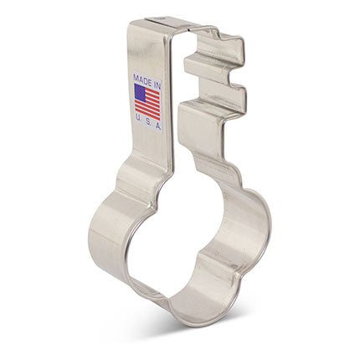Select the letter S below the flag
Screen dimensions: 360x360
[147, 123]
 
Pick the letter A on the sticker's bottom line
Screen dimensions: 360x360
[158, 123]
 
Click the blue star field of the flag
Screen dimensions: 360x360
[140, 91]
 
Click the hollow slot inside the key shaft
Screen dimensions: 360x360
[177, 100]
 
